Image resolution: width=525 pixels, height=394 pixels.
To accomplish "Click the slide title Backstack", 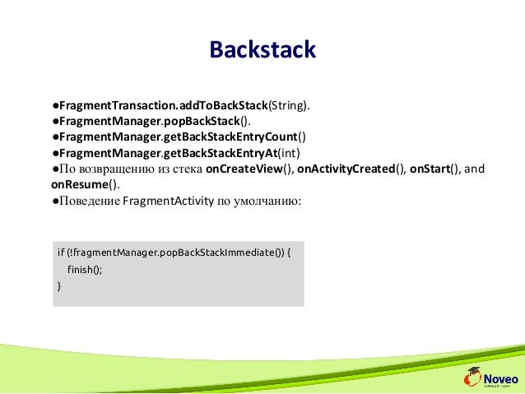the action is [x=262, y=49].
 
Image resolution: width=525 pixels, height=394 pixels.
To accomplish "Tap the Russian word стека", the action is [x=185, y=169].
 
